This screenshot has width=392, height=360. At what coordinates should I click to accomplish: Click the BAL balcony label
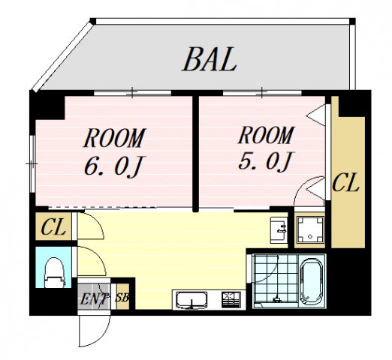point(210,58)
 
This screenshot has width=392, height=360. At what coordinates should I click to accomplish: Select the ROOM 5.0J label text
point(265,148)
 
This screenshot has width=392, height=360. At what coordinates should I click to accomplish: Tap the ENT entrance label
point(94,299)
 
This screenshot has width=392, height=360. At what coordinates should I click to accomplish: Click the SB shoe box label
point(122,298)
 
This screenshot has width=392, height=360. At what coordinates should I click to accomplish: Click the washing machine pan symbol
point(309,232)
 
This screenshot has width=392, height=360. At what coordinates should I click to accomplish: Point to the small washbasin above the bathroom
point(278,228)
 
